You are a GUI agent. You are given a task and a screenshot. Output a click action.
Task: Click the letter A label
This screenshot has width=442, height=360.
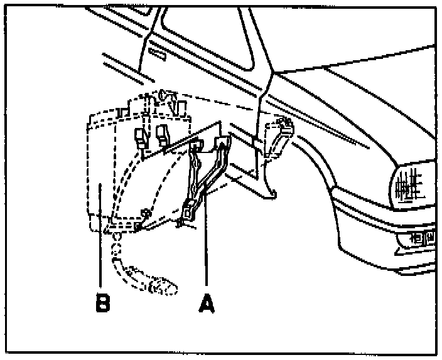[x=206, y=304]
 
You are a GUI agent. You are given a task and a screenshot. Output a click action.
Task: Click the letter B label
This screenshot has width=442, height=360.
[x=102, y=304]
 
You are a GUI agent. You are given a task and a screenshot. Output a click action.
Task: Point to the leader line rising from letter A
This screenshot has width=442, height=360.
[x=205, y=251]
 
